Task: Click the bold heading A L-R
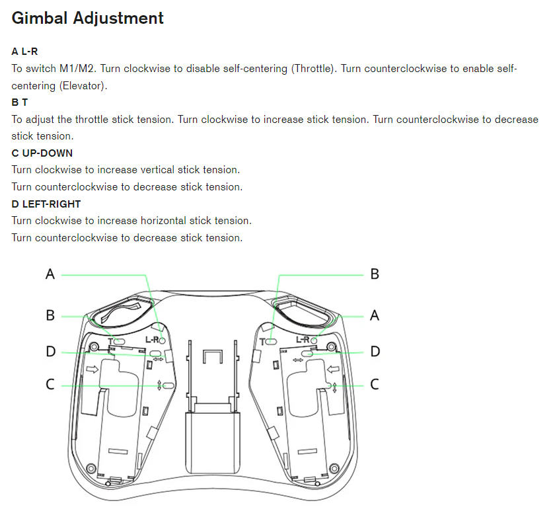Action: click(29, 51)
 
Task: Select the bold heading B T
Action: click(20, 102)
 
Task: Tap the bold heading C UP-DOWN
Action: click(42, 153)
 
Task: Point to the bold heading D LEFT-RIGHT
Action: click(46, 204)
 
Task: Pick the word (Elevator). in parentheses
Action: click(83, 86)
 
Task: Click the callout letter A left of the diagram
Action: click(50, 274)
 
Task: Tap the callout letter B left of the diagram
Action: click(50, 315)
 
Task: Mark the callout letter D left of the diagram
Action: click(50, 352)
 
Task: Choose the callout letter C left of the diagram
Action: click(50, 384)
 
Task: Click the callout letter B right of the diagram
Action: click(375, 274)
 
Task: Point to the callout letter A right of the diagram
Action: click(375, 315)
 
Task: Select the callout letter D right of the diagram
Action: click(375, 352)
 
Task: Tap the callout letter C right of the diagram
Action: click(375, 384)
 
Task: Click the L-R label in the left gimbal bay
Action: click(152, 340)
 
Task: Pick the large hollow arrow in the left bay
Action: click(92, 370)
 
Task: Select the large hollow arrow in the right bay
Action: click(334, 370)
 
